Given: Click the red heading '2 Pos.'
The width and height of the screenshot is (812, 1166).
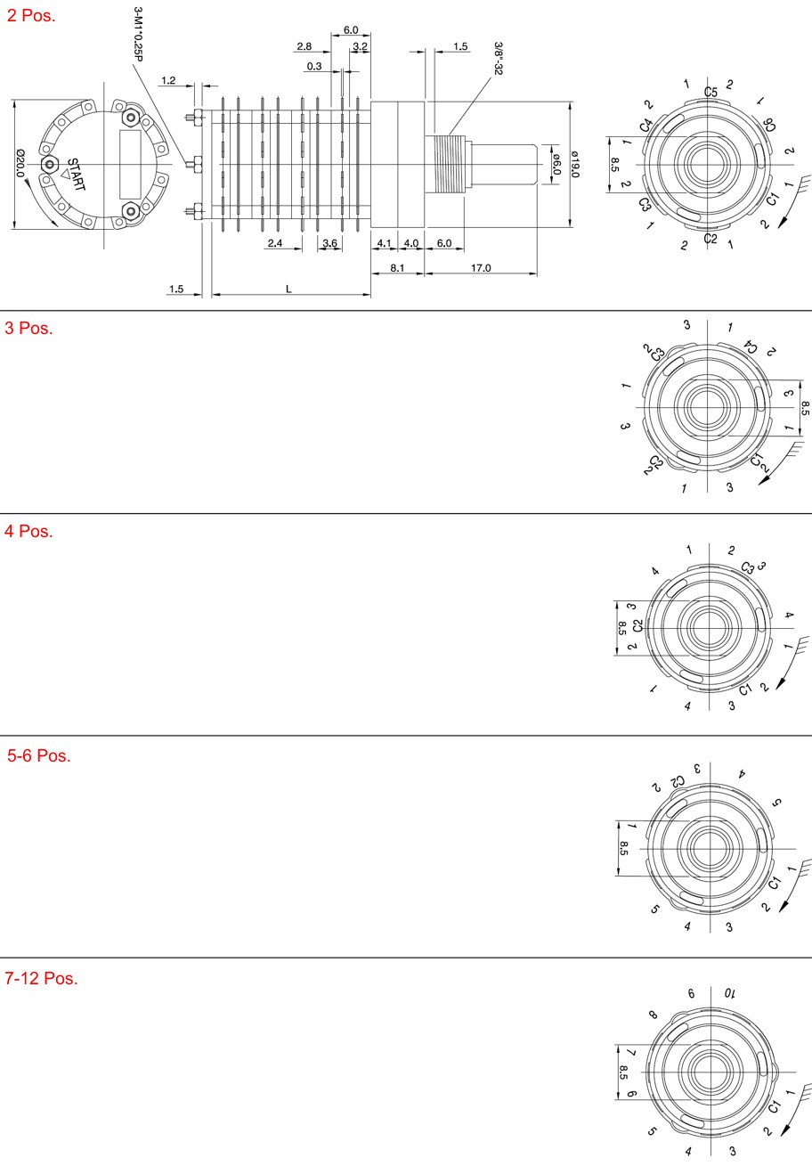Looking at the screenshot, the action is tap(30, 16).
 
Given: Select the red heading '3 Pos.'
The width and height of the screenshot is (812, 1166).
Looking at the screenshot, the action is tap(28, 328).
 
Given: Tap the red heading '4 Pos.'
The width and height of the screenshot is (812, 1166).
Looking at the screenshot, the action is tap(28, 531).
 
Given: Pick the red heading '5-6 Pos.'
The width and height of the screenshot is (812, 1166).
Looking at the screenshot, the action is tap(39, 755).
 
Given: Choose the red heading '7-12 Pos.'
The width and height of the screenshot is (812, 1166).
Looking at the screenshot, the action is tap(42, 978).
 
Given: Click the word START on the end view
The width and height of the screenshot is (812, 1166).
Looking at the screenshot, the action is tap(77, 175).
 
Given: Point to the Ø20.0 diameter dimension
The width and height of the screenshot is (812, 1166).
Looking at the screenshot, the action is tap(20, 163).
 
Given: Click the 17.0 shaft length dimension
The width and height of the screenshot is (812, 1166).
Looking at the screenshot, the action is tap(481, 267).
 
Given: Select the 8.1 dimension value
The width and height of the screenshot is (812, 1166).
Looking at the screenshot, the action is tap(397, 267).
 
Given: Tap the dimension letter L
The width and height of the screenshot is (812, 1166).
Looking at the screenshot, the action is tap(288, 289).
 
